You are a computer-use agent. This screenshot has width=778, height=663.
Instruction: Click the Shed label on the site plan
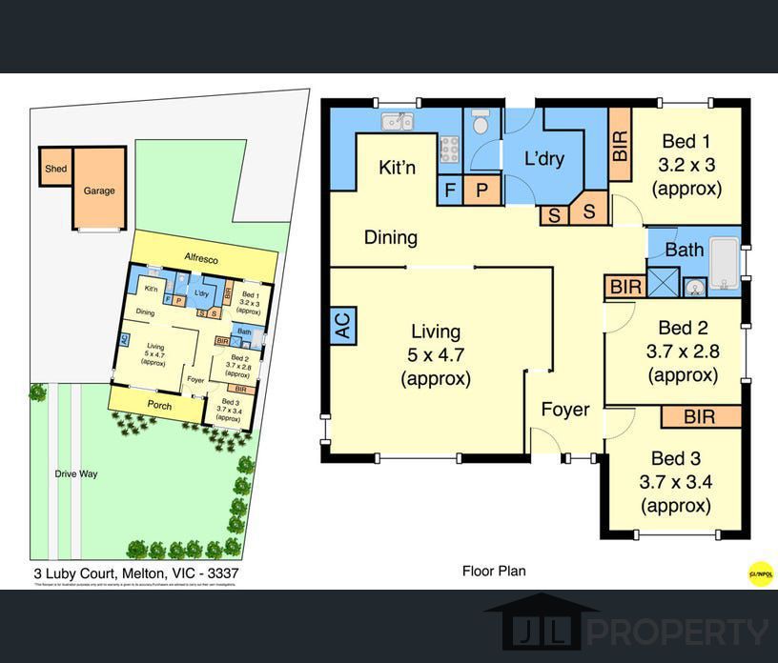55,170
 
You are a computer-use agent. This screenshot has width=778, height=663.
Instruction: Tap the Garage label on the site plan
99,191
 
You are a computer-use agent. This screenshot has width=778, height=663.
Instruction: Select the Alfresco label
201,258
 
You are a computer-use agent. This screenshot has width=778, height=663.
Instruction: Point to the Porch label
157,404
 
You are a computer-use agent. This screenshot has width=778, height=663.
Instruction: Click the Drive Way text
75,473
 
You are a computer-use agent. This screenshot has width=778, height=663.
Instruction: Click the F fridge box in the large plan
449,190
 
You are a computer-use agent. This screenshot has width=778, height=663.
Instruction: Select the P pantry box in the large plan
482,190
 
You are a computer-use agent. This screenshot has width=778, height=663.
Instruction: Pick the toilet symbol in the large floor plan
481,123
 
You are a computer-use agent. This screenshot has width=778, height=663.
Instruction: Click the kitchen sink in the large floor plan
396,121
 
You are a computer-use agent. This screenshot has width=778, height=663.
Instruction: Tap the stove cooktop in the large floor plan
449,149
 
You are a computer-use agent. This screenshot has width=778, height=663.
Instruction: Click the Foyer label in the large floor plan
565,410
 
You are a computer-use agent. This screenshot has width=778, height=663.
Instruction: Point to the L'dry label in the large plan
544,158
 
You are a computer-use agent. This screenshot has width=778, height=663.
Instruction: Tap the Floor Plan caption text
494,572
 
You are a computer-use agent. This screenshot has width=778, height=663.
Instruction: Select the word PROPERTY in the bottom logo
676,632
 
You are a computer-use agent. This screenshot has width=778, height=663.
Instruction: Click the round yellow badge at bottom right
760,573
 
